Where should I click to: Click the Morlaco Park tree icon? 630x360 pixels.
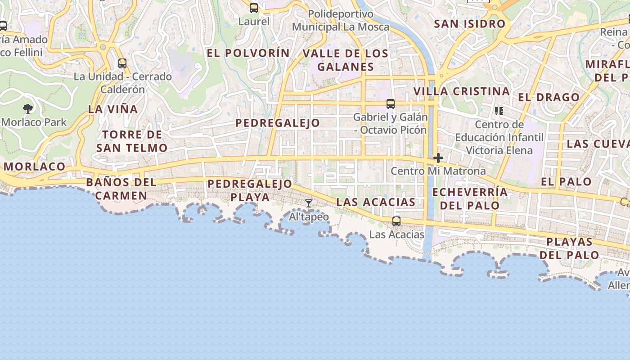pyautogui.click(x=28, y=108)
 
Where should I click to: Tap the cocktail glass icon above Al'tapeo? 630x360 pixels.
pyautogui.click(x=308, y=203)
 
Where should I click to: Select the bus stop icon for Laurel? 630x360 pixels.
pyautogui.click(x=254, y=8)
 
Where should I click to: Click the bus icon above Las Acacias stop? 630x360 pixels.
pyautogui.click(x=396, y=221)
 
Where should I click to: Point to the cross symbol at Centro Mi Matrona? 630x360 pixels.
pyautogui.click(x=438, y=158)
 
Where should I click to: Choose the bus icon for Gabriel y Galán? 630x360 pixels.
pyautogui.click(x=391, y=104)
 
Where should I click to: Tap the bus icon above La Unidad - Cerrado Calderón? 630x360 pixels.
pyautogui.click(x=122, y=63)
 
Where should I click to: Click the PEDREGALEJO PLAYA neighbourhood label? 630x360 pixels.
pyautogui.click(x=250, y=190)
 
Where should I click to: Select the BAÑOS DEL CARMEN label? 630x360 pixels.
pyautogui.click(x=121, y=189)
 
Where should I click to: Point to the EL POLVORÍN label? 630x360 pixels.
pyautogui.click(x=248, y=53)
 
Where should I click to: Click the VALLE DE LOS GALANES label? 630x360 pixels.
pyautogui.click(x=346, y=60)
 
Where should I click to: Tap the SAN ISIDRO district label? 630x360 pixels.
pyautogui.click(x=470, y=24)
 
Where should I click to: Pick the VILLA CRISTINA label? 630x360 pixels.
pyautogui.click(x=462, y=91)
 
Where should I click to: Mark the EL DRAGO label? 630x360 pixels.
pyautogui.click(x=549, y=97)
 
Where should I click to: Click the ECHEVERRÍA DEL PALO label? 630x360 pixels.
pyautogui.click(x=470, y=199)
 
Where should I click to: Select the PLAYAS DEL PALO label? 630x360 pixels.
pyautogui.click(x=570, y=248)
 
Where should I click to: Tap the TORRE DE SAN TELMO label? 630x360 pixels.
pyautogui.click(x=132, y=141)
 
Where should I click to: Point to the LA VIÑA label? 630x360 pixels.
pyautogui.click(x=113, y=109)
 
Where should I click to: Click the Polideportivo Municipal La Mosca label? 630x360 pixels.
pyautogui.click(x=341, y=21)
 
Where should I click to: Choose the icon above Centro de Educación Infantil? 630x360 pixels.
pyautogui.click(x=499, y=111)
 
